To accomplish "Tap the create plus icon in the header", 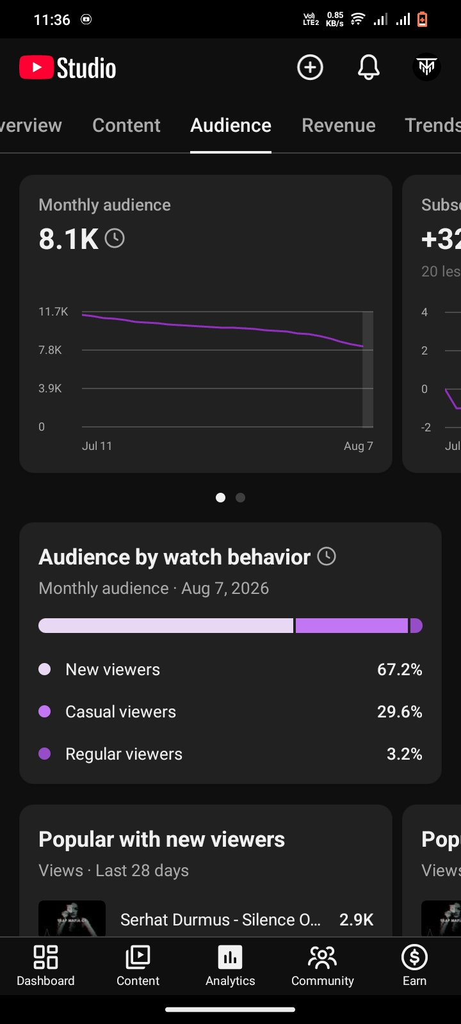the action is click(x=310, y=67).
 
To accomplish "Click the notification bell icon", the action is click(x=368, y=67).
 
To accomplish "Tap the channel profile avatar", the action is click(x=426, y=67).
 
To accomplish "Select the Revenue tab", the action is click(x=339, y=125).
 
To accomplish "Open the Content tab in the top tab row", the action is click(x=126, y=125).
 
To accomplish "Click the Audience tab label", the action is click(x=231, y=125).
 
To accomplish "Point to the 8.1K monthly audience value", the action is click(x=69, y=239).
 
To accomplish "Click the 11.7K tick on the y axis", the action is click(x=53, y=312).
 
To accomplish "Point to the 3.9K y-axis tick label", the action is click(x=50, y=388).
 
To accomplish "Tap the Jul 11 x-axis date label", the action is click(x=97, y=445).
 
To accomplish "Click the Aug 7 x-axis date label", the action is click(x=359, y=445).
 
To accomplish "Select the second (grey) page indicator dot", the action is click(x=240, y=497).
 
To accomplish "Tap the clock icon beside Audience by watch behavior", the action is click(x=327, y=556).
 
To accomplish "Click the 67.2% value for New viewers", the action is click(x=400, y=669).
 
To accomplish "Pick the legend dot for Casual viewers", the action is click(x=45, y=711).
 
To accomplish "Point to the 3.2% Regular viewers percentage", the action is click(x=405, y=754).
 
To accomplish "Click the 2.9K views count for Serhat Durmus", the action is click(x=356, y=920).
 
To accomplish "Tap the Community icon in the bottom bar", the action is click(x=323, y=957).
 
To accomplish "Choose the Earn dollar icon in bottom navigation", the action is click(x=414, y=957).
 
